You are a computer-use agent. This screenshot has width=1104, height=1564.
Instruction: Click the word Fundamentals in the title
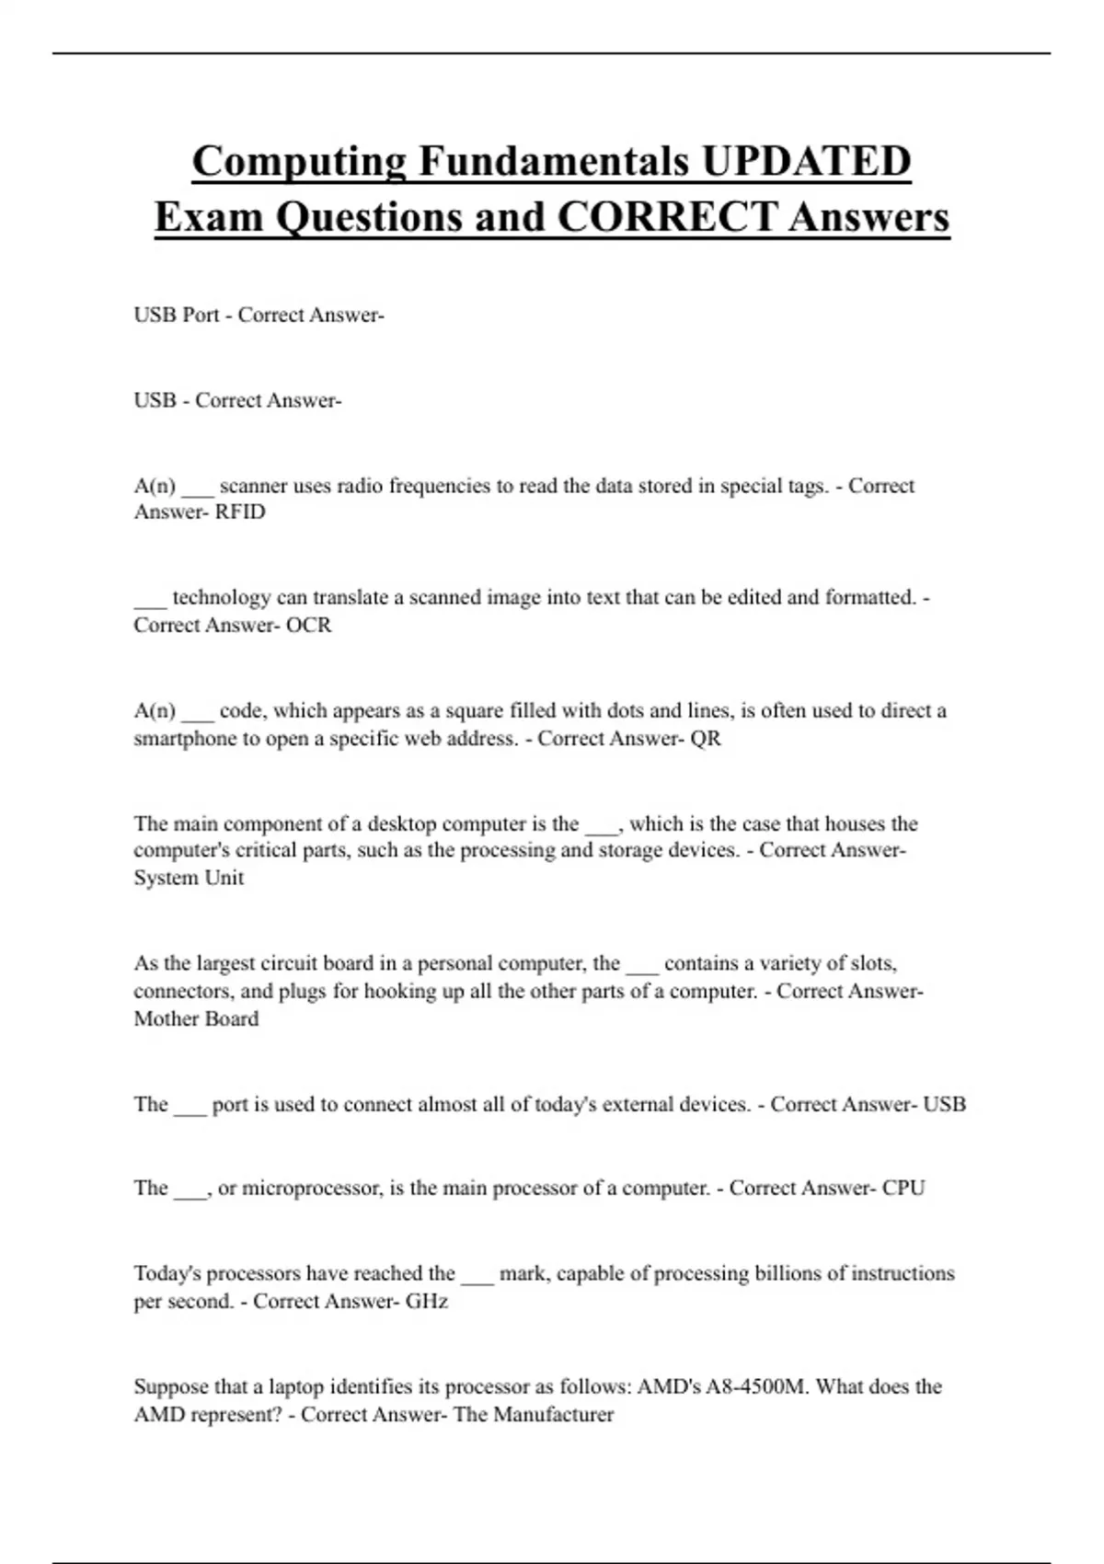click(554, 161)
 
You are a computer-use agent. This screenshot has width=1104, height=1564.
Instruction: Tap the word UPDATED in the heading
click(806, 161)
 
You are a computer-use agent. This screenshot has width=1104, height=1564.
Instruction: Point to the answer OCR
click(308, 626)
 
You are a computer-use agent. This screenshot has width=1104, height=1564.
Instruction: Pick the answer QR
click(706, 739)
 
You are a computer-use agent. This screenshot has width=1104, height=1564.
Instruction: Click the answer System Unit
click(189, 878)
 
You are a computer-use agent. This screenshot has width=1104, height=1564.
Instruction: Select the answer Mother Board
click(196, 1019)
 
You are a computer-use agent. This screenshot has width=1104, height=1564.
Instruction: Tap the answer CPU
click(903, 1188)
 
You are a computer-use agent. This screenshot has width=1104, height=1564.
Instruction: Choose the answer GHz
click(427, 1302)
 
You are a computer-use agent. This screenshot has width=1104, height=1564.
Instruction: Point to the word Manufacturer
click(553, 1415)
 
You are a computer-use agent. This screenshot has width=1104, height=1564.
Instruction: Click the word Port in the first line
click(201, 316)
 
